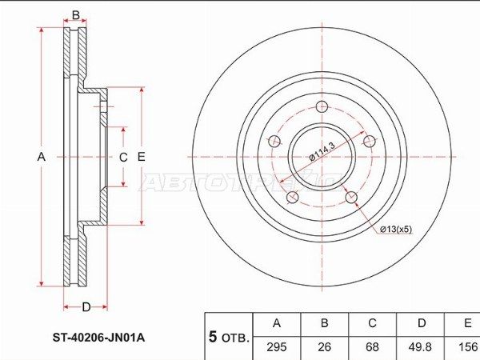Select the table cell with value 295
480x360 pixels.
pyautogui.click(x=277, y=348)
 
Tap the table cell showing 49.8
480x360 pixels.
pyautogui.click(x=420, y=348)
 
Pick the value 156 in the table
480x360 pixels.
pyautogui.click(x=466, y=348)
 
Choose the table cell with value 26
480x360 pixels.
pyautogui.click(x=325, y=348)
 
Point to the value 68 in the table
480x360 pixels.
pyautogui.click(x=372, y=348)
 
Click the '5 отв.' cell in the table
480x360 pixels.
pyautogui.click(x=229, y=336)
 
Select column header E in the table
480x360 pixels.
pyautogui.click(x=466, y=323)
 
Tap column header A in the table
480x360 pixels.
pyautogui.click(x=277, y=323)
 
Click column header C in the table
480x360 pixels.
pyautogui.click(x=372, y=323)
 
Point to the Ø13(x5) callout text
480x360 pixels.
pyautogui.click(x=395, y=230)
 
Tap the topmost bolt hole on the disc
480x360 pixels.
pyautogui.click(x=322, y=108)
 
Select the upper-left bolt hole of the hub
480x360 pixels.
pyautogui.click(x=274, y=142)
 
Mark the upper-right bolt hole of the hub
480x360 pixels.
pyautogui.click(x=369, y=142)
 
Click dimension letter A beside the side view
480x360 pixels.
pyautogui.click(x=41, y=158)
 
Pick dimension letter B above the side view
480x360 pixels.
pyautogui.click(x=76, y=15)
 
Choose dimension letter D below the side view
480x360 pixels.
pyautogui.click(x=85, y=306)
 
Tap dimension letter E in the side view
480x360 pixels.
pyautogui.click(x=141, y=158)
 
